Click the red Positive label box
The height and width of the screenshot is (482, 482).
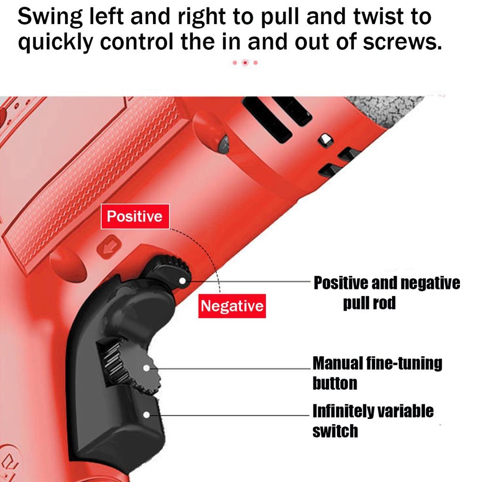pos(135,217)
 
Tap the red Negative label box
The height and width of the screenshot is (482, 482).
pos(232,306)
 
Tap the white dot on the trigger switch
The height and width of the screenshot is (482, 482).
pos(147,415)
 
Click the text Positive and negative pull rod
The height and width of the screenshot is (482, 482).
pos(386,292)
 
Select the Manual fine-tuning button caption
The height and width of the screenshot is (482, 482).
pos(377,373)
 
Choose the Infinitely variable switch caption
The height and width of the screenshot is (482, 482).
pos(372,420)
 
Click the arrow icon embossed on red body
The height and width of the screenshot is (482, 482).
pos(109,246)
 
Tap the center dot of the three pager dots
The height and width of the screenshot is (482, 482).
pos(245,62)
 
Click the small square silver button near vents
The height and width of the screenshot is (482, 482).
pos(324,139)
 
